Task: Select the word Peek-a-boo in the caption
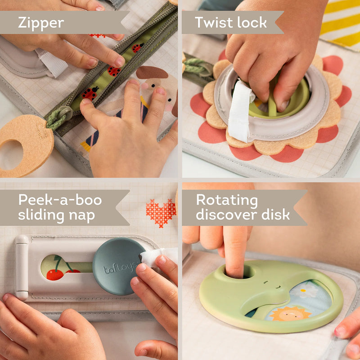60,200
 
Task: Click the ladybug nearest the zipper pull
90,93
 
